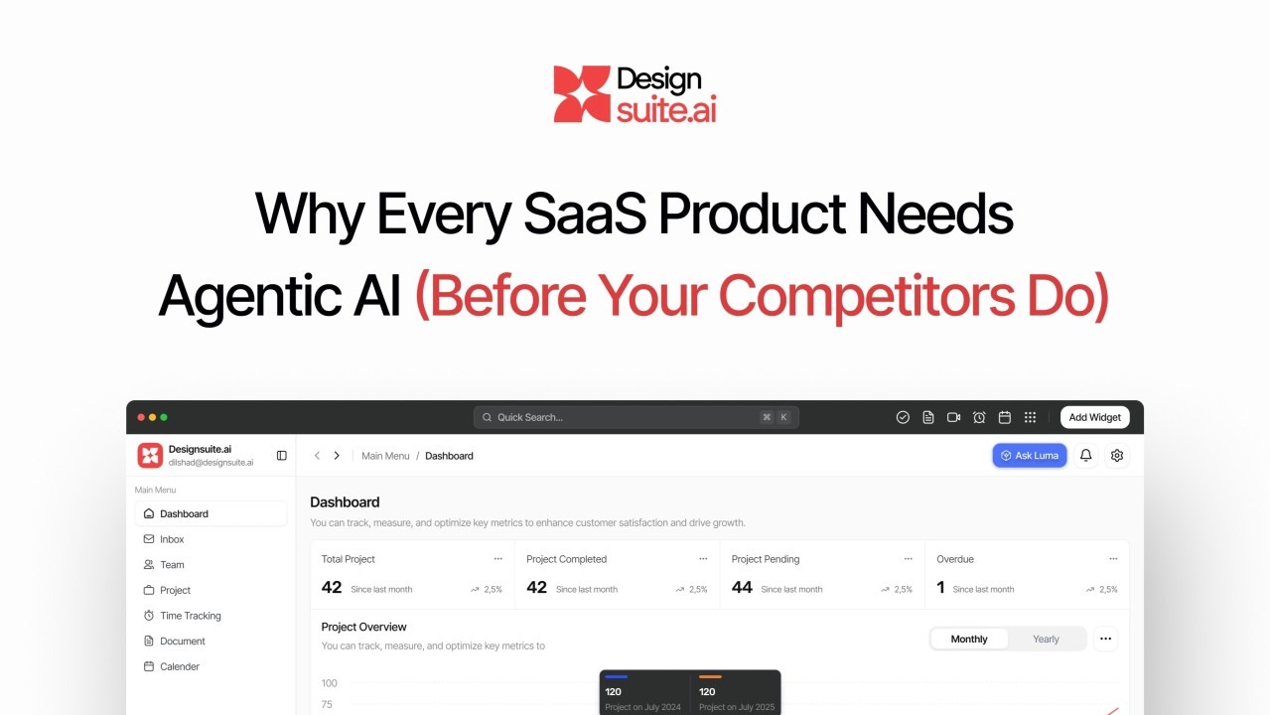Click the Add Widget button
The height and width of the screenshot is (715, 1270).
point(1094,417)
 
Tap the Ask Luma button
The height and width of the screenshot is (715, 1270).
point(1029,455)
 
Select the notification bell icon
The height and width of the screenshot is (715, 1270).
point(1085,455)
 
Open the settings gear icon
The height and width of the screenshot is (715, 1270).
point(1117,455)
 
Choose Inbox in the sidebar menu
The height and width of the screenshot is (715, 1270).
point(172,539)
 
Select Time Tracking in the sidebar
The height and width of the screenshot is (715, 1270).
point(190,616)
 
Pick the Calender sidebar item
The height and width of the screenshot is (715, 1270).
point(179,666)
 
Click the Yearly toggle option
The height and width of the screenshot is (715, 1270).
point(1046,639)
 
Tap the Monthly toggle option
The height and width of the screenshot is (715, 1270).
point(969,639)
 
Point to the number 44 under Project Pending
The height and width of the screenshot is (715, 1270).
point(742,588)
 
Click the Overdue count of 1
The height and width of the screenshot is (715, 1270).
point(940,588)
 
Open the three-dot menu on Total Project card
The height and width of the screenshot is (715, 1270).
point(497,559)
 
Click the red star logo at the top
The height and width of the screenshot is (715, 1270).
point(582,93)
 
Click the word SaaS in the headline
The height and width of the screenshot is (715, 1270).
point(585,214)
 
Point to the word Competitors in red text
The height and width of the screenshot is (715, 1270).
point(867,296)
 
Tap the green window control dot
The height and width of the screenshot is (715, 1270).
point(164,417)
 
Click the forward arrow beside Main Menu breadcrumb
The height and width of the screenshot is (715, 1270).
point(337,455)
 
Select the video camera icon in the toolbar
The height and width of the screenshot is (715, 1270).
point(953,417)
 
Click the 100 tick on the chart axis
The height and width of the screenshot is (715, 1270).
point(329,683)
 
